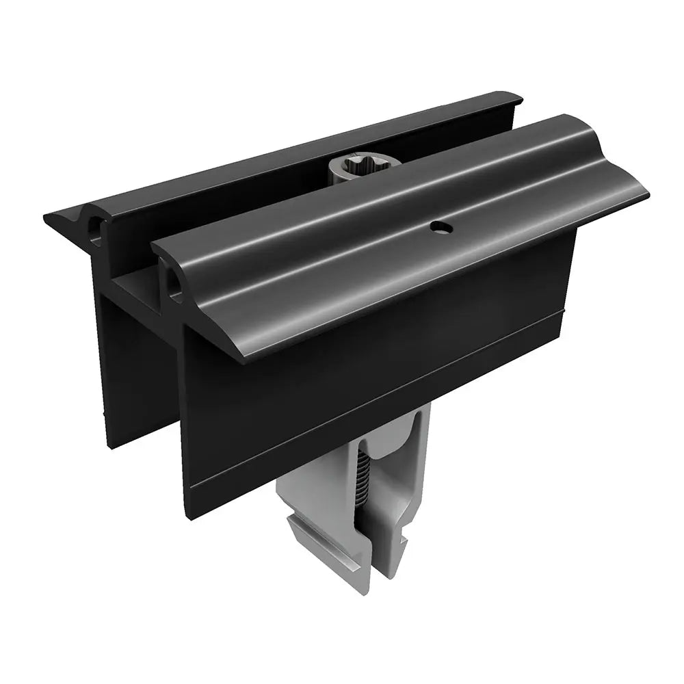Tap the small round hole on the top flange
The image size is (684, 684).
(x=438, y=226)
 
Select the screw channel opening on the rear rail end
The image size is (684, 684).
(x=94, y=230)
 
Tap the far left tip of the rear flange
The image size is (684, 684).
(x=47, y=218)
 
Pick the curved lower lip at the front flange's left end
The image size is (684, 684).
(x=233, y=356)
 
